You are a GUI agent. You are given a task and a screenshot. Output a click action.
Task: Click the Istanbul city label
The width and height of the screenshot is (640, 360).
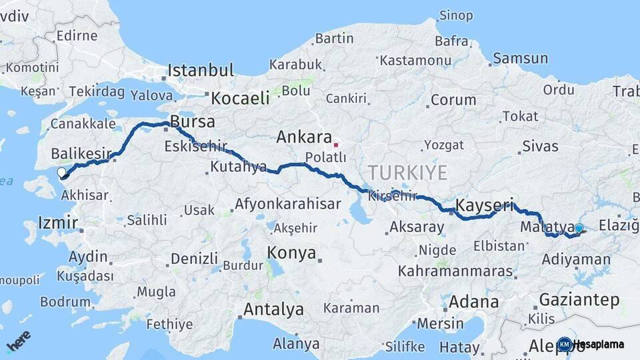pos(201,70)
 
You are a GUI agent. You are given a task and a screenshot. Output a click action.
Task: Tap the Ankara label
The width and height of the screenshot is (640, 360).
pos(304,137)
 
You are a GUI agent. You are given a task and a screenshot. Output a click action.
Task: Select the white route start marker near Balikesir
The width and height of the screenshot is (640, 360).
pos(61,173)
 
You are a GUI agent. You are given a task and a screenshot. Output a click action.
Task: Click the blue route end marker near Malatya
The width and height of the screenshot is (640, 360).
pos(579,229)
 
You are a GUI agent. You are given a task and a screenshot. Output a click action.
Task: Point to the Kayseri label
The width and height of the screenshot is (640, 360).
pos(484,205)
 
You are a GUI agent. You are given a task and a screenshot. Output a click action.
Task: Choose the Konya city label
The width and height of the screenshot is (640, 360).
pos(291,253)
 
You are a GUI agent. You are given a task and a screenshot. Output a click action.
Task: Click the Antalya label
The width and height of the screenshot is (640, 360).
pos(273,309)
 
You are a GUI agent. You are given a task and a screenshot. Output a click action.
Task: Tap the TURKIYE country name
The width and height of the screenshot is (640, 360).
pos(407,173)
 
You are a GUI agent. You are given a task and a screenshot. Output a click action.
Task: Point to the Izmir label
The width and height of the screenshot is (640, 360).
pos(58,223)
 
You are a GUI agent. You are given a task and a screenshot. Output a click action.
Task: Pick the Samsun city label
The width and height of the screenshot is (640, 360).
pos(519,59)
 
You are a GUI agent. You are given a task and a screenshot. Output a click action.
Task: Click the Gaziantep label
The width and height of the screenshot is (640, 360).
pos(579,300)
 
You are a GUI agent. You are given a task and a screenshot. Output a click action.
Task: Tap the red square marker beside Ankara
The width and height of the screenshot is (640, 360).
pos(336,144)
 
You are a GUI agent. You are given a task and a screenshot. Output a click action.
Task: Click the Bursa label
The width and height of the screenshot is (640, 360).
pos(193,122)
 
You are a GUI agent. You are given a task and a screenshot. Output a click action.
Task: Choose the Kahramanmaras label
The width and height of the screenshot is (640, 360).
pos(455,271)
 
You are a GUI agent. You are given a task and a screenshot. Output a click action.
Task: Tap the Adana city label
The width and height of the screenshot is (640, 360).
pos(473,301)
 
